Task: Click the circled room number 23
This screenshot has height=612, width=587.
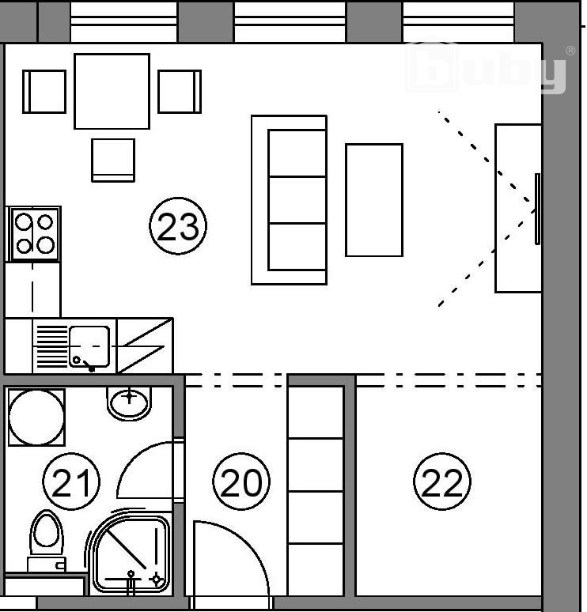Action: (178, 226)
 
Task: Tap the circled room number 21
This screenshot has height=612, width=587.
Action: (71, 482)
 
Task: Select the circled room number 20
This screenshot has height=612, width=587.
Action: (241, 482)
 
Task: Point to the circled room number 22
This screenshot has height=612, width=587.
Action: (442, 482)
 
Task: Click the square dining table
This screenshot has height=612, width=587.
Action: (112, 92)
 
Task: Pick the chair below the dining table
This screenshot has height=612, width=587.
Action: (113, 160)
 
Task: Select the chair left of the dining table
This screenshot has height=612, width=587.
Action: (44, 92)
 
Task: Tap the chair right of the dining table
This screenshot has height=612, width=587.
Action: (180, 92)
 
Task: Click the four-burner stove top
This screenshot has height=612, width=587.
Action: (34, 234)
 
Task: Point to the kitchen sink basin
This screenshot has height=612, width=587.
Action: (89, 346)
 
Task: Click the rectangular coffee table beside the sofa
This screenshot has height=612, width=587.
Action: (374, 200)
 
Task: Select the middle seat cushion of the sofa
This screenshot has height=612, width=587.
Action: (297, 200)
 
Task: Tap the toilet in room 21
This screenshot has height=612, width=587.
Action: (47, 541)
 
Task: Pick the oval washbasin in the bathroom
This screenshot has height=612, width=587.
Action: (129, 402)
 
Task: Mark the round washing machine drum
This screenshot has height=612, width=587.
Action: (36, 417)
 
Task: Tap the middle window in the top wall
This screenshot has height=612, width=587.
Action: (290, 21)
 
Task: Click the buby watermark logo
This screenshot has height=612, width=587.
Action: (487, 66)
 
